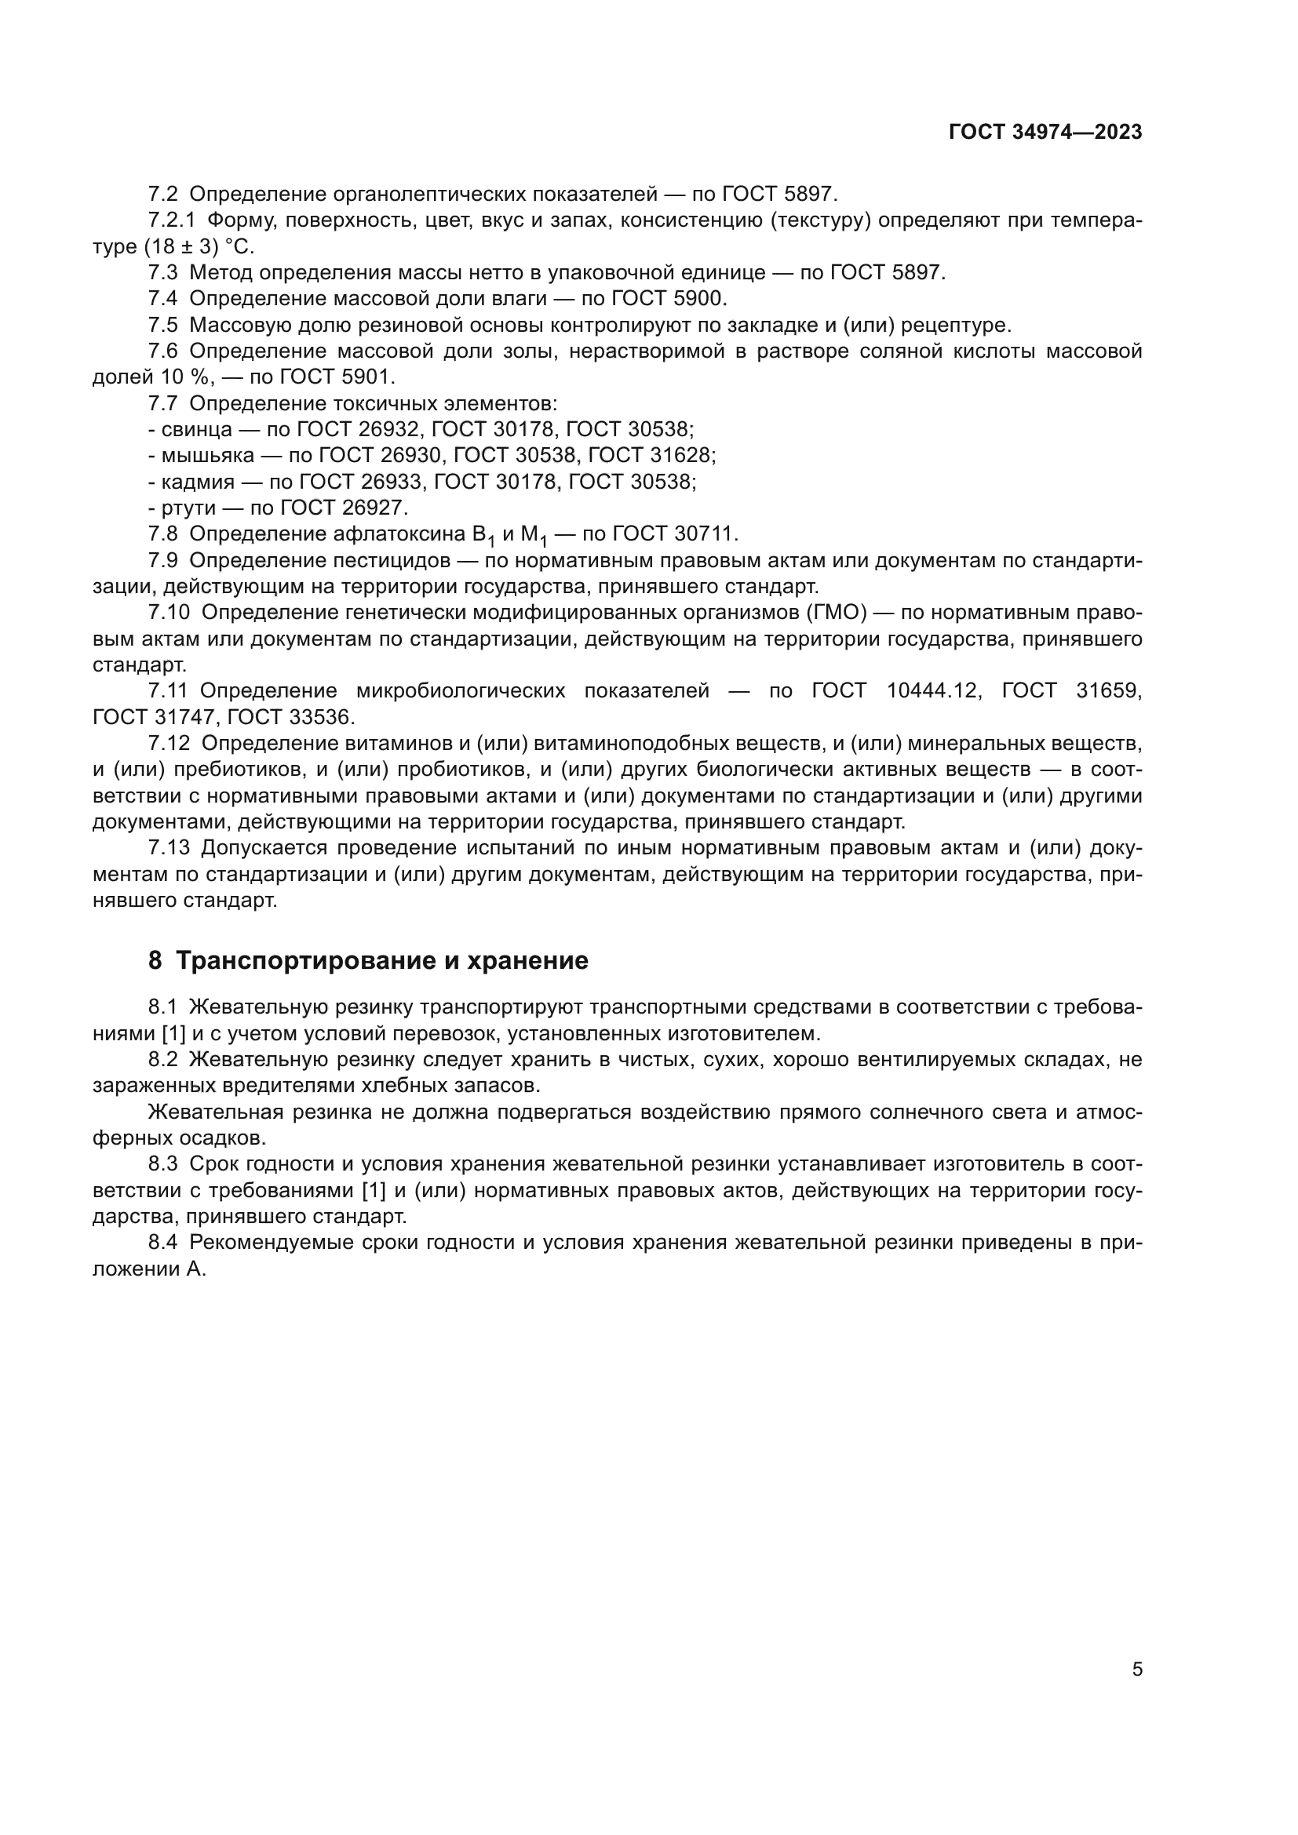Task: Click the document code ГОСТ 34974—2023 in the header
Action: coord(1045,133)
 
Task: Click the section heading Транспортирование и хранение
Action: coord(381,961)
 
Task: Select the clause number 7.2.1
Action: coord(171,220)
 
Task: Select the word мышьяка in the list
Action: coord(208,456)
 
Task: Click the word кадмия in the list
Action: coord(199,482)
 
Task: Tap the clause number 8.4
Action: coord(163,1243)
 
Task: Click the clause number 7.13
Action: coord(169,848)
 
